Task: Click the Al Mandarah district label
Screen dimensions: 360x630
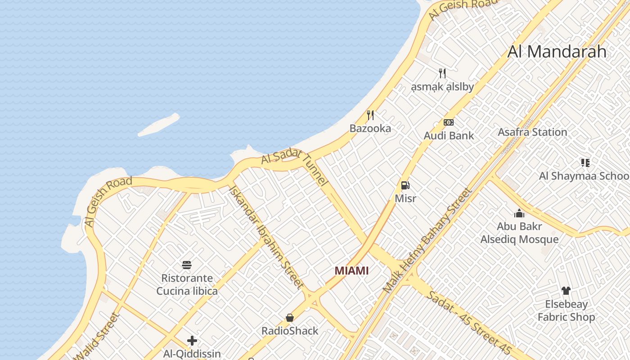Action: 557,52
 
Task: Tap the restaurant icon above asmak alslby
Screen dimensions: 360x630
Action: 442,73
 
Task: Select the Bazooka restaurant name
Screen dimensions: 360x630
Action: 370,128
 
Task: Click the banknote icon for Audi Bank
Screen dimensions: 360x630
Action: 449,122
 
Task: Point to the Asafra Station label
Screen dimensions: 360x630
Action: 532,132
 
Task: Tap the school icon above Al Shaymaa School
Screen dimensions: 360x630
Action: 585,162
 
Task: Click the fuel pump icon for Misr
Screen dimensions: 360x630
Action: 405,185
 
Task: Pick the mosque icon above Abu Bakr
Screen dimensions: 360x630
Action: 519,213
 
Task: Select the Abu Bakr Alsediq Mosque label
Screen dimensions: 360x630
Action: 519,233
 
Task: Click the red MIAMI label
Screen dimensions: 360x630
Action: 351,270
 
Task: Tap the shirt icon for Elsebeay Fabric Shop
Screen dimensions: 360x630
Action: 566,291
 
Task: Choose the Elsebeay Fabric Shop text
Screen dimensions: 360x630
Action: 566,310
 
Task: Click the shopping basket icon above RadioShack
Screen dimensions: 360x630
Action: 290,318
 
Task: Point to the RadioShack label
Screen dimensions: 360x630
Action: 290,331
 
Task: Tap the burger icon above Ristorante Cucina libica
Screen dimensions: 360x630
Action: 187,265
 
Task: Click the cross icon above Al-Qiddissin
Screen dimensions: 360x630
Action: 192,341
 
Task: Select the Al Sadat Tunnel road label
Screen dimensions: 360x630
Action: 295,166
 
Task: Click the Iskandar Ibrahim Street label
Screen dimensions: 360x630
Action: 266,236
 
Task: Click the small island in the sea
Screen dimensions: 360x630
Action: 158,125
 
